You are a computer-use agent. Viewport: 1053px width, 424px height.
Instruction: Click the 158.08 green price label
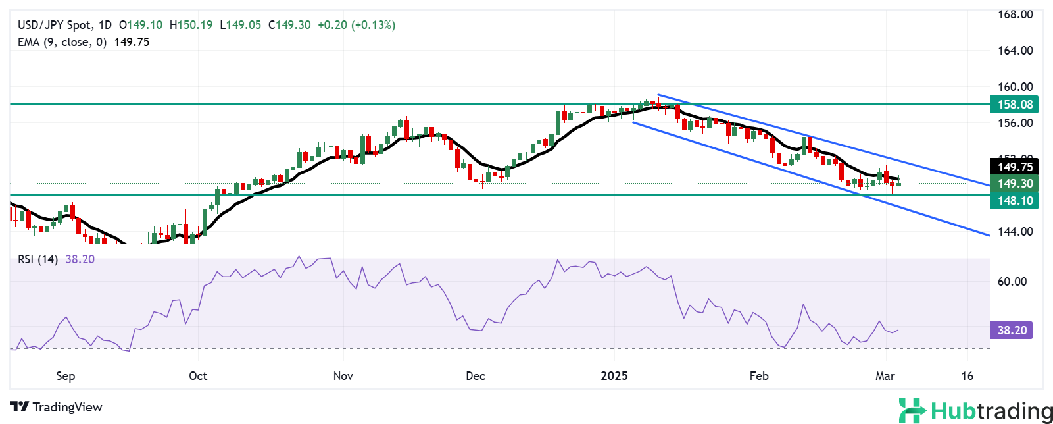[x=1014, y=105]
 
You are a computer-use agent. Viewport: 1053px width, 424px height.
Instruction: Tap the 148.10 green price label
[x=1014, y=201]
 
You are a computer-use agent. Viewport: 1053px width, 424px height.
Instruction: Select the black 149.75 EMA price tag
[x=1014, y=167]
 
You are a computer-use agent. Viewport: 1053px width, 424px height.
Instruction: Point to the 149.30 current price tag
[x=1014, y=184]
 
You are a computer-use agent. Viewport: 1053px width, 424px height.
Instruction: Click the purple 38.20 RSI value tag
[x=1012, y=331]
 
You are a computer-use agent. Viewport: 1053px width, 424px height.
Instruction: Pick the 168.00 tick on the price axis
[x=1016, y=14]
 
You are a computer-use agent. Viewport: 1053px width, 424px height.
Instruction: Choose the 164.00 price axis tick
[x=1016, y=51]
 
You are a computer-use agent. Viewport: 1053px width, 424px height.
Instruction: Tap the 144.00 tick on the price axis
[x=1016, y=232]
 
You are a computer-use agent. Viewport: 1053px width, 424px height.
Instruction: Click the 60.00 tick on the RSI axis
[x=1012, y=282]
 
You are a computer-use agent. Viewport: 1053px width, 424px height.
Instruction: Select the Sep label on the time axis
[x=66, y=376]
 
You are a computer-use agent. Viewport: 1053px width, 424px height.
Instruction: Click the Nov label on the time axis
[x=343, y=376]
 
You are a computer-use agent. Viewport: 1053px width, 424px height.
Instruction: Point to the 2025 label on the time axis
[x=614, y=376]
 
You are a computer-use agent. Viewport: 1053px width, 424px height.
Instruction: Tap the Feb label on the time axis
[x=759, y=376]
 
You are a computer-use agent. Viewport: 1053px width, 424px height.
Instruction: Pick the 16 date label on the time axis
[x=967, y=376]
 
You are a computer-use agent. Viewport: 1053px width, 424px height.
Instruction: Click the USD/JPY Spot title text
[x=55, y=25]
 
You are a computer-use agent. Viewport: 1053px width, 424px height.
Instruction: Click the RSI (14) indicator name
[x=37, y=259]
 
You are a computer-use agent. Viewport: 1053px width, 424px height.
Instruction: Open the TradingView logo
[x=57, y=407]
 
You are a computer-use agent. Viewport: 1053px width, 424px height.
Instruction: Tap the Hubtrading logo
[x=975, y=411]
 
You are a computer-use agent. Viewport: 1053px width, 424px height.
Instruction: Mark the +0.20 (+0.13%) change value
[x=356, y=25]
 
